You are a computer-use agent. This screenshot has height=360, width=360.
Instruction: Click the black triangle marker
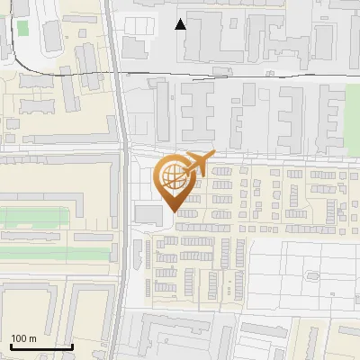(x=181, y=24)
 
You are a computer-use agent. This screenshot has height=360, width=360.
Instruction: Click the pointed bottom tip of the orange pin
(x=175, y=212)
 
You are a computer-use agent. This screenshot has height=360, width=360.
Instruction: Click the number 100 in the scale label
(x=19, y=338)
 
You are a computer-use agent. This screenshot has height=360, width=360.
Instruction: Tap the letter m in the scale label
(x=32, y=338)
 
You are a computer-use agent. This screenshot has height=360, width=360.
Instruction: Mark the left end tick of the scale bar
(x=10, y=345)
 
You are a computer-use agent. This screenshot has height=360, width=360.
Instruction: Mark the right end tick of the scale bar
(x=72, y=345)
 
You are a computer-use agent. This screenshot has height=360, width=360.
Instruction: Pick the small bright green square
(x=22, y=28)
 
